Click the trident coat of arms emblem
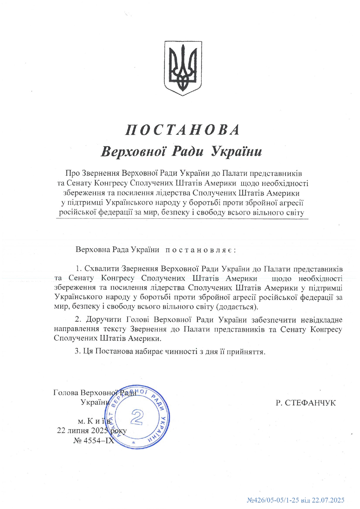pos(183,68)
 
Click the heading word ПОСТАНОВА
pos(183,130)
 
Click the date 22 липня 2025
pos(82,430)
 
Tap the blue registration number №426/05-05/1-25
pos(273,500)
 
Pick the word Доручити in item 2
pos(104,320)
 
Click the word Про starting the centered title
pos(72,173)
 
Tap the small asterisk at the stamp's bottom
pos(134,442)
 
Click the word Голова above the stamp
pos(66,393)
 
